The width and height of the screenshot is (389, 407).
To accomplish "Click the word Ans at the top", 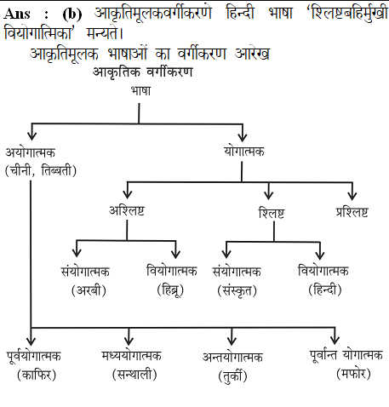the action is click(x=17, y=14).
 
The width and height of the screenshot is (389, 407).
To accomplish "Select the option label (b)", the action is click(x=72, y=14).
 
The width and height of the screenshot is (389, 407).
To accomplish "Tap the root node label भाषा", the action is click(x=140, y=91).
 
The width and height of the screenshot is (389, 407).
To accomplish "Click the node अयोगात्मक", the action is click(x=31, y=152).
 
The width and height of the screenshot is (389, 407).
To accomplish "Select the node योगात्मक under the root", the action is click(x=244, y=152).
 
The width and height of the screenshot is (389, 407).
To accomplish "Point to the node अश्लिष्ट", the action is click(x=127, y=210).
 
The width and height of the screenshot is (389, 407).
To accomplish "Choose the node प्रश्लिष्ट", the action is click(x=352, y=212).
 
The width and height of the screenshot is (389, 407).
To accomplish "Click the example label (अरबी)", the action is click(x=89, y=290).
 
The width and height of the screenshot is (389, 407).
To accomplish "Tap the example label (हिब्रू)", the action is click(x=170, y=290).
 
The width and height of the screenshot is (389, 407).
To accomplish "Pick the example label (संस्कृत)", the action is click(x=237, y=290).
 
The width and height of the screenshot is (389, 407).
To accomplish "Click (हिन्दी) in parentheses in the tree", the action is click(x=325, y=289).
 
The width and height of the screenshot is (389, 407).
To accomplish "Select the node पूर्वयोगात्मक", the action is click(x=34, y=356).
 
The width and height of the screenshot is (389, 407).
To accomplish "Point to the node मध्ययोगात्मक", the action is click(x=132, y=356).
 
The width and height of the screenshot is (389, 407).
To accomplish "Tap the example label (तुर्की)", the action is click(x=232, y=375).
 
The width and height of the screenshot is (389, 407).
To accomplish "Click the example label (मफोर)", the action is click(x=353, y=374).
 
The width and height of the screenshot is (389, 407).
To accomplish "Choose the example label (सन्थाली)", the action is click(x=134, y=375).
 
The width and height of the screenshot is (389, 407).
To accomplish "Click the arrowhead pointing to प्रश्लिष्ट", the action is click(x=352, y=196).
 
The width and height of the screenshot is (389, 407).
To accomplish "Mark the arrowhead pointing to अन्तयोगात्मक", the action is click(x=232, y=341).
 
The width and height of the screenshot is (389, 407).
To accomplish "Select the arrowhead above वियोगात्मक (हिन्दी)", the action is click(x=320, y=255).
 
